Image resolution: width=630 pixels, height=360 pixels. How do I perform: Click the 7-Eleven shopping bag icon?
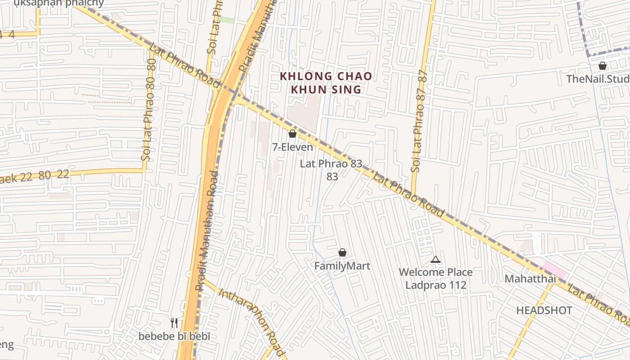click(292, 134)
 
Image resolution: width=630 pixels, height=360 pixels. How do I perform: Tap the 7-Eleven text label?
click(292, 147)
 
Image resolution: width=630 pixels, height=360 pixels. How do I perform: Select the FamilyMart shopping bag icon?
click(342, 252)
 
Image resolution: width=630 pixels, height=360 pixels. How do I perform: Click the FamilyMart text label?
click(342, 266)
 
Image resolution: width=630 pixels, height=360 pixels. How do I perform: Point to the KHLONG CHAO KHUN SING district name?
click(326, 83)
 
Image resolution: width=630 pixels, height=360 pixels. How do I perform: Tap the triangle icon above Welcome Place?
click(435, 259)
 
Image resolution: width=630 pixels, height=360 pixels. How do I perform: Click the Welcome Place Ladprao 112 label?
click(436, 279)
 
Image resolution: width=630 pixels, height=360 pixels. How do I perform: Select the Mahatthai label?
click(530, 279)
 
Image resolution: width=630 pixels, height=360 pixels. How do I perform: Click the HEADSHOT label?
click(544, 310)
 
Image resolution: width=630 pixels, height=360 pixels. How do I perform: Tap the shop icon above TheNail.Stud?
click(603, 66)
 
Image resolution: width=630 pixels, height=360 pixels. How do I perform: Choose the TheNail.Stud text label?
click(598, 79)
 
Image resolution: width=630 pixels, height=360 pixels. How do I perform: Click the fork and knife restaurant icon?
click(174, 323)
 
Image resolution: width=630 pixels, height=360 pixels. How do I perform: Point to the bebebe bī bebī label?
click(174, 336)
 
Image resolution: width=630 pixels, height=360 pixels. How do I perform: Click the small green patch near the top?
click(227, 20)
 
